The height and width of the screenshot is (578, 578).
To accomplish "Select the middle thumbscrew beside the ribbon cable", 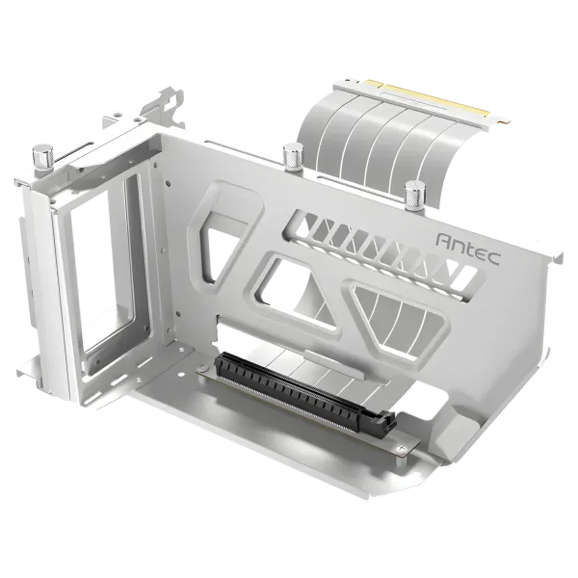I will point(290,153).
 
